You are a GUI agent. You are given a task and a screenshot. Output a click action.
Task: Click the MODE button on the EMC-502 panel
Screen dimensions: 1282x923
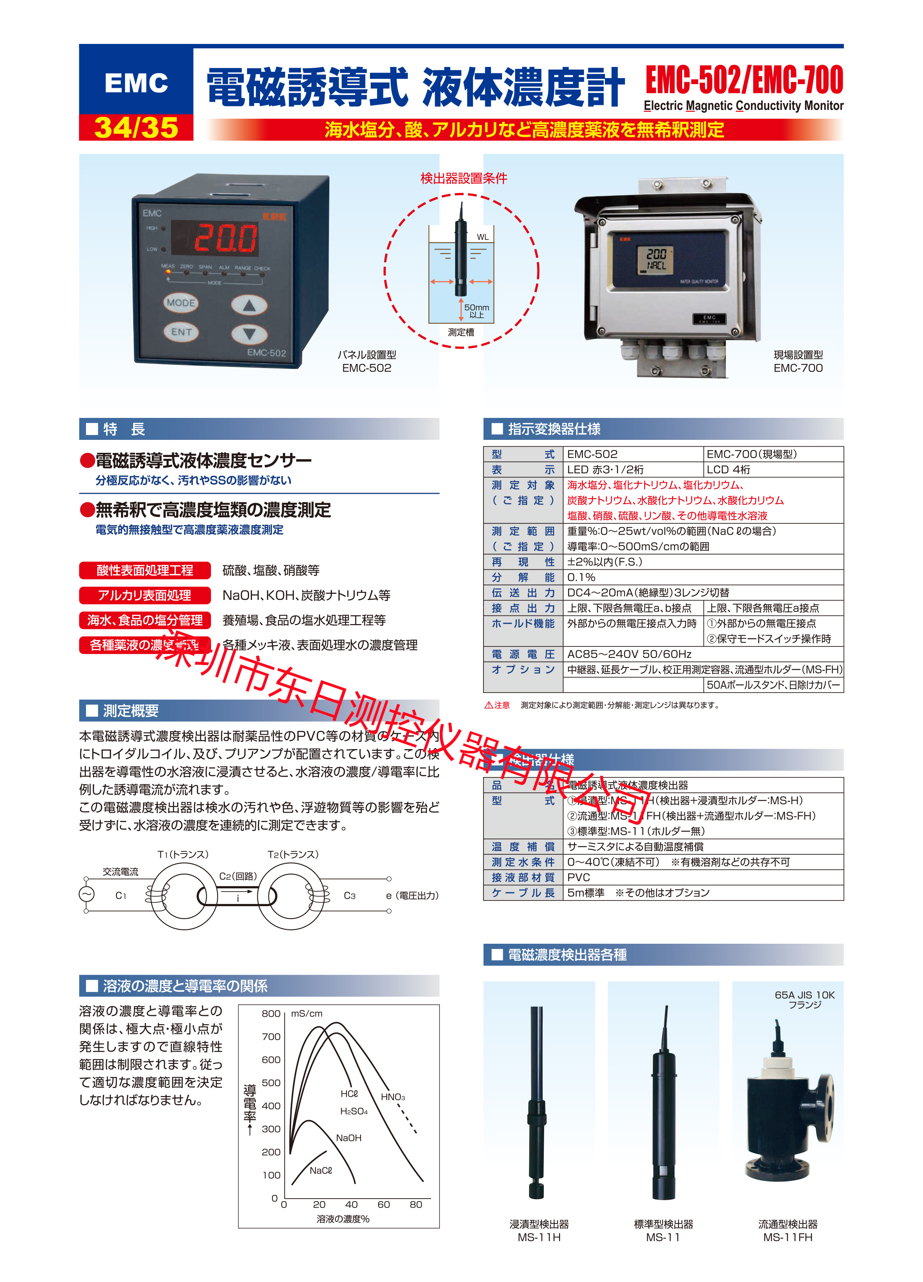[x=181, y=303]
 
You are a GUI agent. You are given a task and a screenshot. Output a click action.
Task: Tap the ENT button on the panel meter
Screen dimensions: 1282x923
[x=181, y=332]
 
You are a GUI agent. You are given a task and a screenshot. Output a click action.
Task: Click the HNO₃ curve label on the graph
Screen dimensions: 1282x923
[x=392, y=1097]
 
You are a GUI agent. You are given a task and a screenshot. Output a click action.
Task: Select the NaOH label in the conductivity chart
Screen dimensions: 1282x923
[x=348, y=1137]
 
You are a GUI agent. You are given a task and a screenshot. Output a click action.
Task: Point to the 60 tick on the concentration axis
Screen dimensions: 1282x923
[x=383, y=1204]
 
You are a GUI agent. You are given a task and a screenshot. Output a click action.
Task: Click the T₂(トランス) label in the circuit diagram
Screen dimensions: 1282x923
[x=293, y=854]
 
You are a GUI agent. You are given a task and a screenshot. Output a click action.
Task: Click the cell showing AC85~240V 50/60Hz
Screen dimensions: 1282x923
[x=629, y=654]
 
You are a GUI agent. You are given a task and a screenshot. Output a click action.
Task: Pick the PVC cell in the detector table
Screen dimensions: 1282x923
[x=578, y=877]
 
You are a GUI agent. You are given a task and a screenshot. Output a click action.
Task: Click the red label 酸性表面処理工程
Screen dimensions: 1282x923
[x=145, y=570]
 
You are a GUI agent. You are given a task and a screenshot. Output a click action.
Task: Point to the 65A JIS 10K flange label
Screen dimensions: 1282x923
[x=804, y=999]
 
